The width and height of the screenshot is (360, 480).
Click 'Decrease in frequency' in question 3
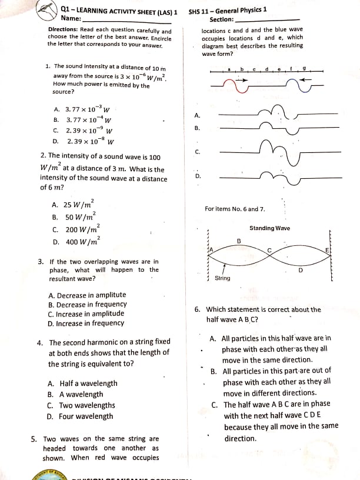pos(87,304)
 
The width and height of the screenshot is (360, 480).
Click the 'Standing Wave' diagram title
pos(269,228)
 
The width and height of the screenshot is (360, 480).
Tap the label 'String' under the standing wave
pos(222,278)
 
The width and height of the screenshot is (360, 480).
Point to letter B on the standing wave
pos(239,241)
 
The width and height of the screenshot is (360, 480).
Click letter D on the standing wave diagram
pos(300,271)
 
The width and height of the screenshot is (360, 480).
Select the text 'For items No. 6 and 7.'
pos(235,209)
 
